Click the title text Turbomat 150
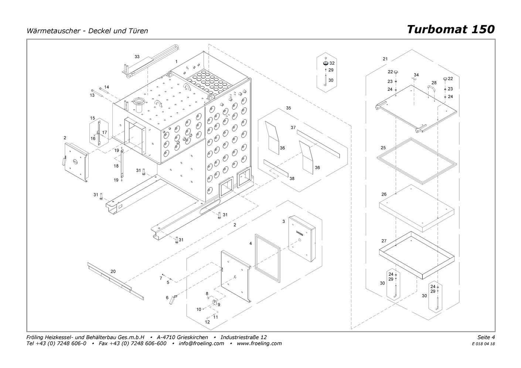point(450,29)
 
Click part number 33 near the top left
point(137,56)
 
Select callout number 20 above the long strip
point(113,271)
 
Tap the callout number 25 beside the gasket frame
point(383,148)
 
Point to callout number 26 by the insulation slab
point(384,194)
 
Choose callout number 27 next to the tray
point(384,241)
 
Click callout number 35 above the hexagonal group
point(289,108)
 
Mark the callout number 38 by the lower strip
point(292,179)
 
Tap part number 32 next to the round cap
point(332,63)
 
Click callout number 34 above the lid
point(416,75)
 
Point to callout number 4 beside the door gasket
point(251,243)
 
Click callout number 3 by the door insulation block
point(283,221)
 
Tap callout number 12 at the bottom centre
point(207,322)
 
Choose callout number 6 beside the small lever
point(167,298)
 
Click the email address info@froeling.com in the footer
point(201,343)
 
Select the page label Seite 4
point(486,337)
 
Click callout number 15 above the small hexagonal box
point(92,118)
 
